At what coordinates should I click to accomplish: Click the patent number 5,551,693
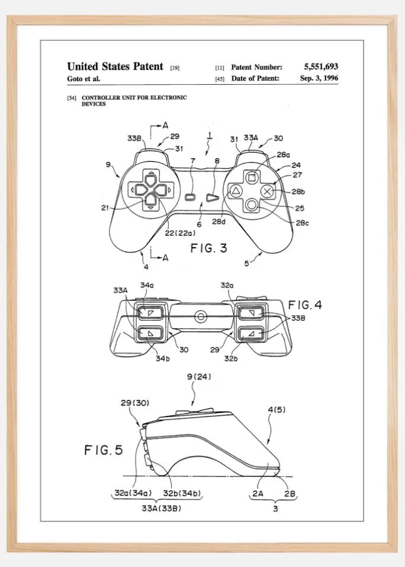pyautogui.click(x=321, y=66)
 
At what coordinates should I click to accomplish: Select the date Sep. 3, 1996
pyautogui.click(x=319, y=78)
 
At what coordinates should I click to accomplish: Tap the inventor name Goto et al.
pyautogui.click(x=83, y=79)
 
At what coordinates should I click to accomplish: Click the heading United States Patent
pyautogui.click(x=115, y=66)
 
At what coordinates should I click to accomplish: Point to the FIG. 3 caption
pyautogui.click(x=209, y=248)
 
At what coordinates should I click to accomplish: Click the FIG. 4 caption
pyautogui.click(x=305, y=305)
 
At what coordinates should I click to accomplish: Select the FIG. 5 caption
pyautogui.click(x=104, y=450)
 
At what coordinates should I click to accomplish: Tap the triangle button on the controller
pyautogui.click(x=236, y=191)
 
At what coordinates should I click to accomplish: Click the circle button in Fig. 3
pyautogui.click(x=252, y=205)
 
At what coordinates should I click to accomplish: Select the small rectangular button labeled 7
pyautogui.click(x=191, y=197)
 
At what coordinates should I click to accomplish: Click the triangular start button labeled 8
pyautogui.click(x=212, y=197)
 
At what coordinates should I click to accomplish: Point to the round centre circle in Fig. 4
pyautogui.click(x=200, y=317)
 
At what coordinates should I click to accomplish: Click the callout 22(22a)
pyautogui.click(x=180, y=233)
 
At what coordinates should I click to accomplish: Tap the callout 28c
pyautogui.click(x=303, y=223)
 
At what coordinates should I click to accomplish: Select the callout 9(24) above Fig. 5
pyautogui.click(x=199, y=377)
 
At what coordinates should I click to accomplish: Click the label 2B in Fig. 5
pyautogui.click(x=290, y=493)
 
